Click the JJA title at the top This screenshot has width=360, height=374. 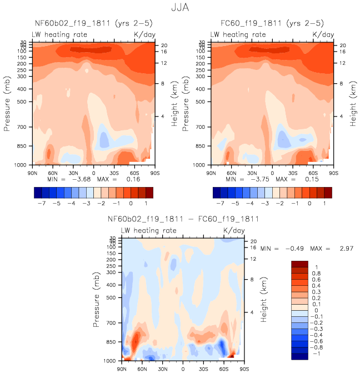click(179, 9)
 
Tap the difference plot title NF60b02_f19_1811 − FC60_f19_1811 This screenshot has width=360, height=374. click(183, 220)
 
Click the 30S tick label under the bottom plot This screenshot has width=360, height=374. click(203, 368)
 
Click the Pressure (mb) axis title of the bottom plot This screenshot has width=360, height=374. click(98, 299)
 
